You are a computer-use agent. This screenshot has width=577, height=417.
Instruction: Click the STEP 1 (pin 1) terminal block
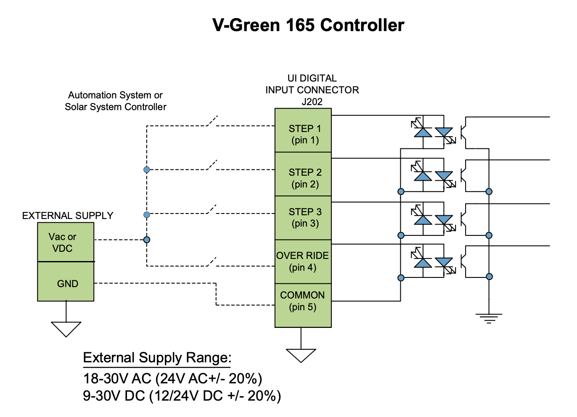(x=303, y=131)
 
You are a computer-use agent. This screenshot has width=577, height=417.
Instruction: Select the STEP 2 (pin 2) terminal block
(x=303, y=174)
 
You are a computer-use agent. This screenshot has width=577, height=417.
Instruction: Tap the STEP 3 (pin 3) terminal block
(x=303, y=218)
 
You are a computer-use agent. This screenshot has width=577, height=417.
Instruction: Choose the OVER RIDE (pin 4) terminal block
(x=303, y=262)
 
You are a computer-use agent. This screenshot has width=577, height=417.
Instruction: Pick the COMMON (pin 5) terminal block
(x=303, y=306)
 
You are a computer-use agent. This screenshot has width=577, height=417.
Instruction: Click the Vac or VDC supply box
(x=66, y=243)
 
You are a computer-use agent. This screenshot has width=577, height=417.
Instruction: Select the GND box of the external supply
(x=66, y=282)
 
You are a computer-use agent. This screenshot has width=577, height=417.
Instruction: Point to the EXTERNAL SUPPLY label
(x=68, y=216)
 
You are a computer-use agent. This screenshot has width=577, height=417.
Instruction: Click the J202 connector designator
(x=312, y=102)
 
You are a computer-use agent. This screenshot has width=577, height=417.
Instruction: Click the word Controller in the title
(x=362, y=25)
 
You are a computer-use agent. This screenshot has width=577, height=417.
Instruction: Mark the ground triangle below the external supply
(x=66, y=328)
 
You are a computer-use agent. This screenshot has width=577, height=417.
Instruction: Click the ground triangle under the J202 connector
(x=301, y=355)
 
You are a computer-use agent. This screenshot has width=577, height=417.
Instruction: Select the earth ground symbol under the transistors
(x=489, y=318)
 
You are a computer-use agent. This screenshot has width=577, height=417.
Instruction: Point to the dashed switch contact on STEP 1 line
(x=212, y=121)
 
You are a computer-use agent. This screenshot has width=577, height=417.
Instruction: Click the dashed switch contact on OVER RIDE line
(x=212, y=261)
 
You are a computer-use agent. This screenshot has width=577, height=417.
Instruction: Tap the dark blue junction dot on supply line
(x=147, y=240)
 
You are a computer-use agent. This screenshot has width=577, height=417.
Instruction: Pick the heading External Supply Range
(x=157, y=358)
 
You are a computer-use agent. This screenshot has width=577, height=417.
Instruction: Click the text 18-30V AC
(x=117, y=379)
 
